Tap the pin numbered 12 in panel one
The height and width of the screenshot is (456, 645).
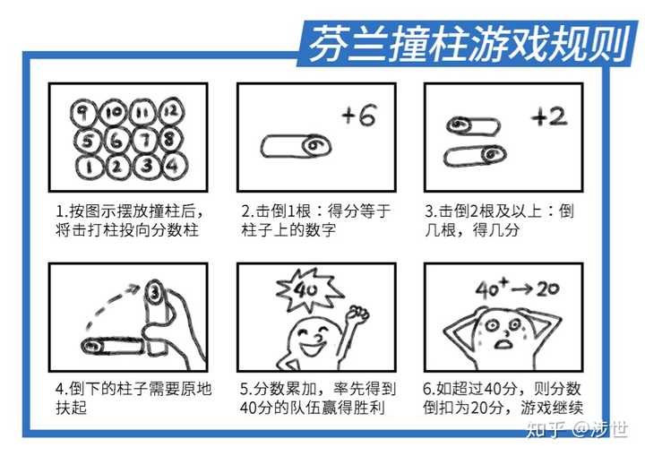pyautogui.click(x=172, y=112)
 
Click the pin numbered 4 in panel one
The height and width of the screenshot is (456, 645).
pyautogui.click(x=174, y=166)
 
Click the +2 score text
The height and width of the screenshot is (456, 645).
pyautogui.click(x=548, y=117)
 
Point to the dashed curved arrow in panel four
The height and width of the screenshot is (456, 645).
pyautogui.click(x=107, y=305)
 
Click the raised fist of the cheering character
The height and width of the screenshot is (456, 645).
pyautogui.click(x=358, y=314)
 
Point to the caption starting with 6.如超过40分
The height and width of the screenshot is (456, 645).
pyautogui.click(x=503, y=400)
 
